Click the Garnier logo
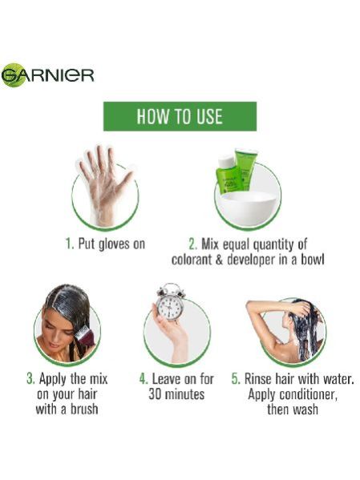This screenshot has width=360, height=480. (x=47, y=75)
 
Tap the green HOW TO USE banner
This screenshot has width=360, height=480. (x=180, y=116)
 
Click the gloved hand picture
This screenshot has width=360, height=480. (x=106, y=186)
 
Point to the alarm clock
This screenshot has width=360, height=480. (x=170, y=301)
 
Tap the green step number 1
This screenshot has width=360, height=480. (x=69, y=244)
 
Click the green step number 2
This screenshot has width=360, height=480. (x=193, y=244)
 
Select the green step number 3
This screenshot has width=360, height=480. (x=30, y=379)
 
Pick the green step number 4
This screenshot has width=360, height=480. (x=144, y=379)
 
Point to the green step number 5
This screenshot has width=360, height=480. (x=236, y=379)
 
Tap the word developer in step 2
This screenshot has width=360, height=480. (x=251, y=260)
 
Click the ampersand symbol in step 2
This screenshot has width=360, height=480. (x=219, y=260)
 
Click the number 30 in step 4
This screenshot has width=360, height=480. (x=155, y=394)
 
